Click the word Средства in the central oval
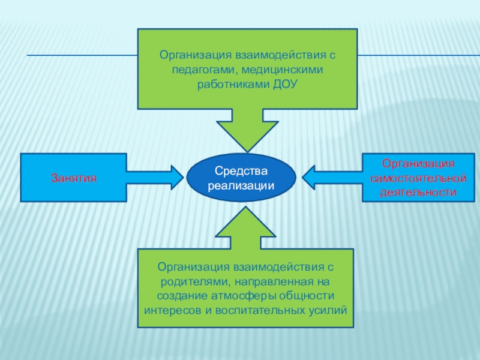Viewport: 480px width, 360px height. [241, 172]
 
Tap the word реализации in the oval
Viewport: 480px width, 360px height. [241, 185]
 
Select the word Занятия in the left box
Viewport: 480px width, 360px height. [74, 178]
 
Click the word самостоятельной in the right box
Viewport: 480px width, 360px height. [418, 179]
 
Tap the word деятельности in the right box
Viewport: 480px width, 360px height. [418, 193]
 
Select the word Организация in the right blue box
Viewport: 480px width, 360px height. [418, 164]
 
